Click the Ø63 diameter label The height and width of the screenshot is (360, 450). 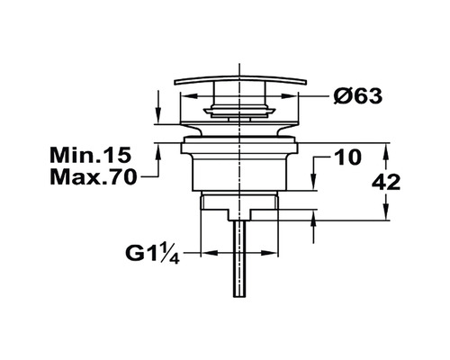358,96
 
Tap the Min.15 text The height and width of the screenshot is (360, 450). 91,155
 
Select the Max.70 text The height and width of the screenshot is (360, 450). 94,177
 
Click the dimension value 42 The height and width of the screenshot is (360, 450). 386,182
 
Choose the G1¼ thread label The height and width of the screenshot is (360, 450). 153,255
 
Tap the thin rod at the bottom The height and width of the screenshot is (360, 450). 240,259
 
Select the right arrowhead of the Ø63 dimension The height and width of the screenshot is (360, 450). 289,96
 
